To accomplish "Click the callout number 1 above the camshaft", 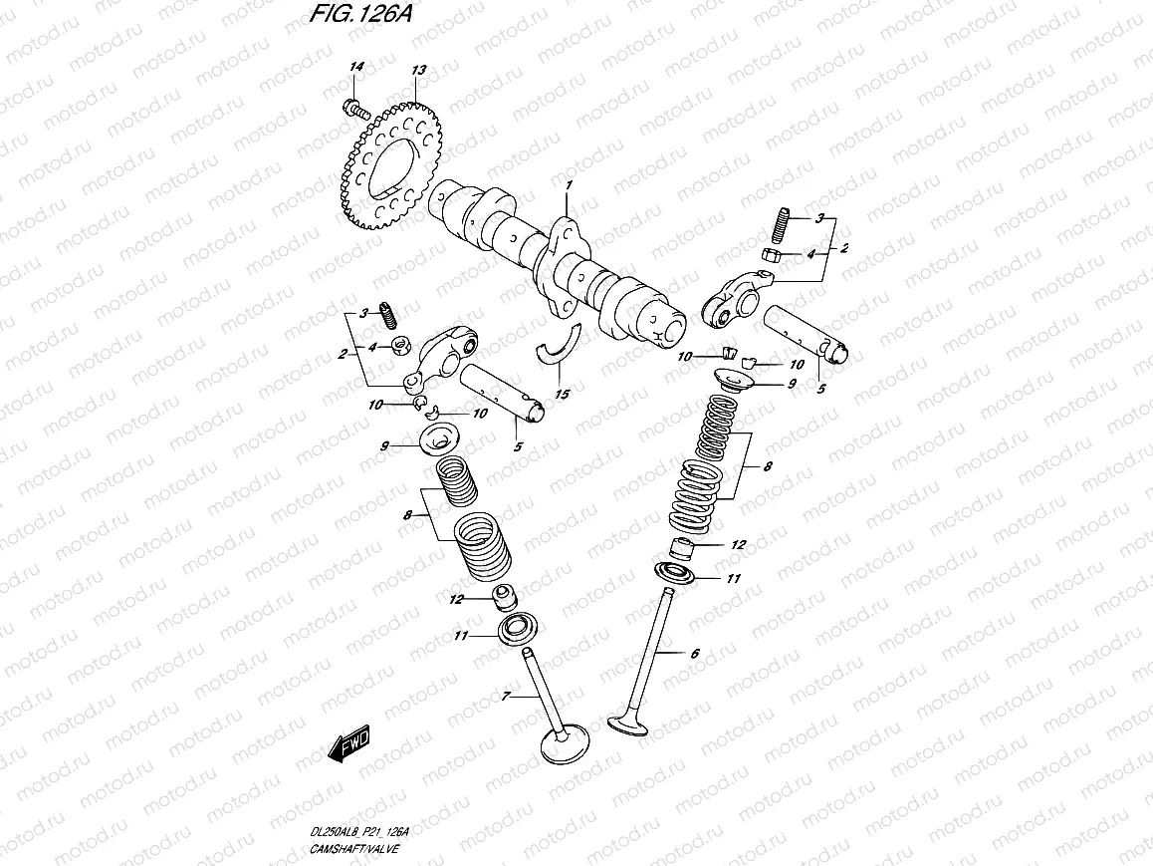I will (570, 185).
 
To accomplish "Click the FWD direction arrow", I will (347, 743).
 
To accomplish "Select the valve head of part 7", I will (565, 744).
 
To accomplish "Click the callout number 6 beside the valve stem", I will (694, 654).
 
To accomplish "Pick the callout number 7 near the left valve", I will (506, 698).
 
